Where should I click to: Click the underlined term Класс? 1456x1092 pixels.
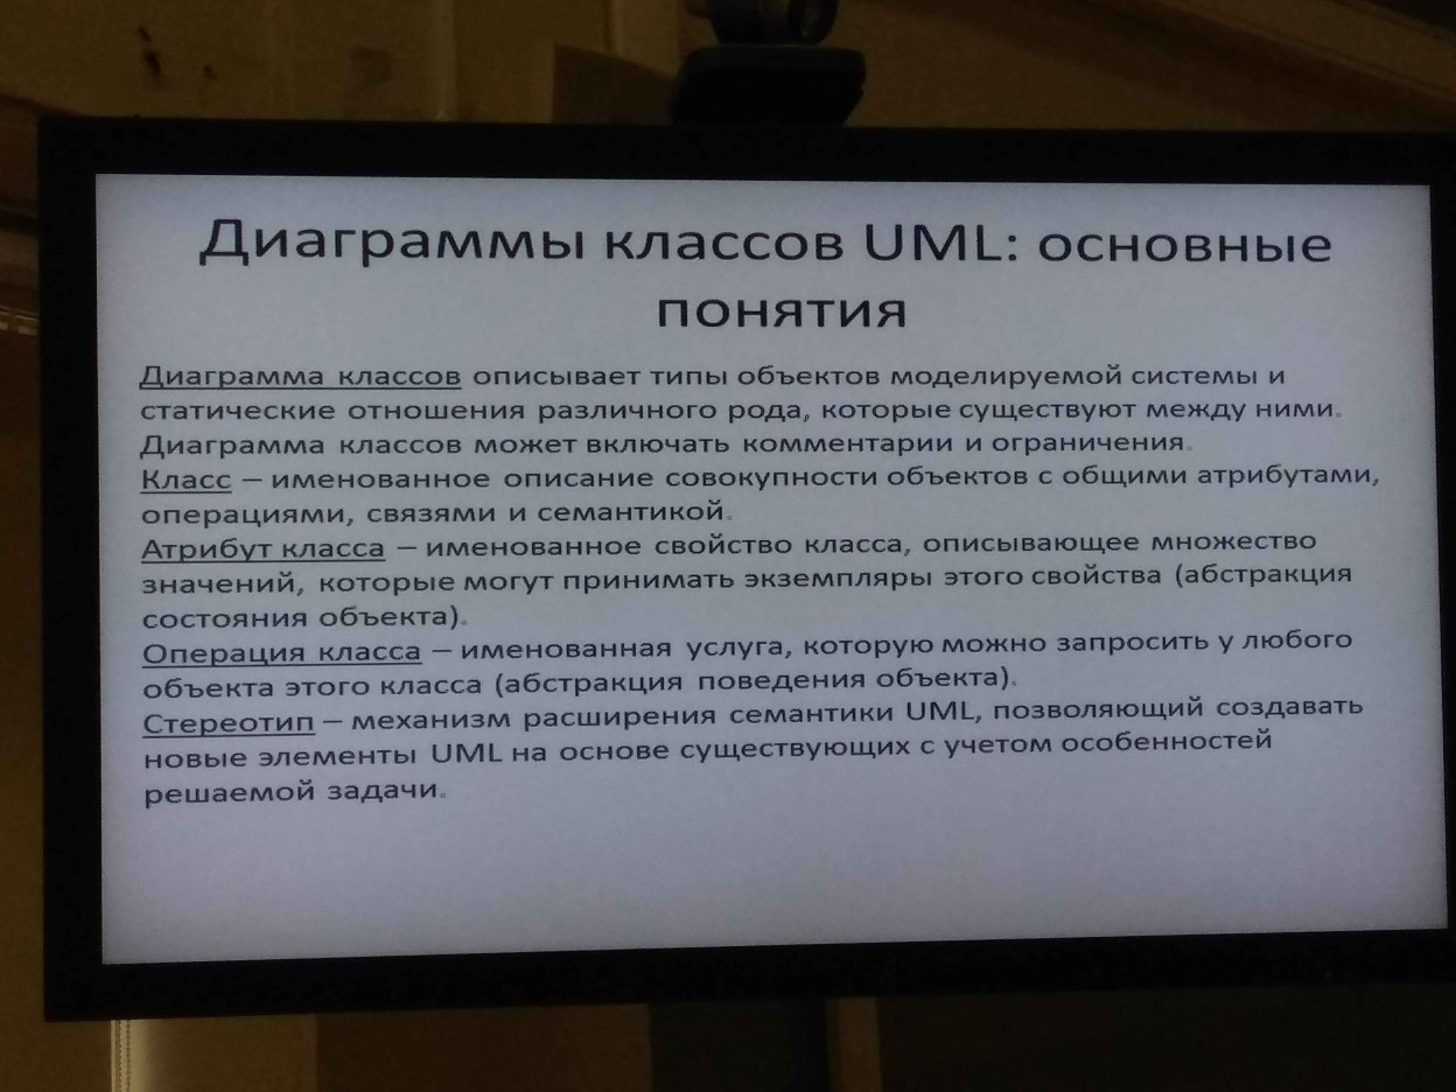point(186,479)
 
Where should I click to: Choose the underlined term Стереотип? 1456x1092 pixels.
point(229,723)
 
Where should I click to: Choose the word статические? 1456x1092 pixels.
point(238,411)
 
